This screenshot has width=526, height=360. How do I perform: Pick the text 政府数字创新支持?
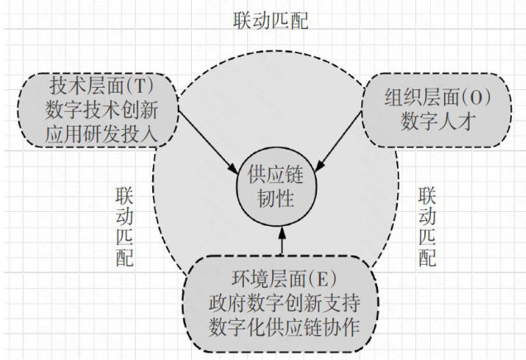(282, 299)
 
